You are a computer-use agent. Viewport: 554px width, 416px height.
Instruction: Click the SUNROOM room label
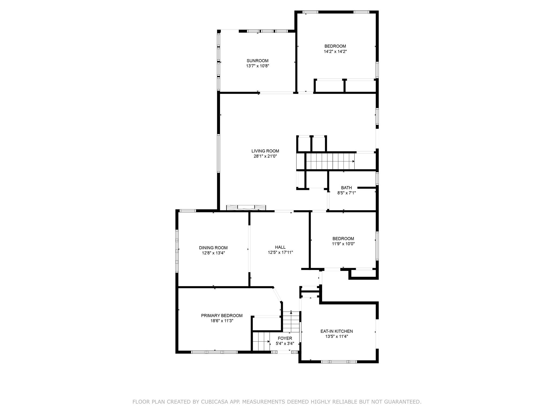tap(257, 61)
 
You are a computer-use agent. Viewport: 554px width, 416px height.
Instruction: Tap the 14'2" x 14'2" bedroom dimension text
tap(335, 51)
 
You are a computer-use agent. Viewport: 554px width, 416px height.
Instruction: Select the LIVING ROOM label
tap(265, 151)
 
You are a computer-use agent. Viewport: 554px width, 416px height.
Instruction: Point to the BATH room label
tap(346, 188)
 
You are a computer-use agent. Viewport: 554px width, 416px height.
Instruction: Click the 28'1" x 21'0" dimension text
tap(265, 156)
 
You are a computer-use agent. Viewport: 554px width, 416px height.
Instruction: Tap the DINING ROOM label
tap(213, 248)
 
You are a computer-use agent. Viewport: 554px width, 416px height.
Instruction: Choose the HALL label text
tap(280, 247)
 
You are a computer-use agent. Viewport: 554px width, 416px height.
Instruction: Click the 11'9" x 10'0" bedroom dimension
tap(343, 244)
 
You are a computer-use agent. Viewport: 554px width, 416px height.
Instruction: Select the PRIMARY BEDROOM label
tap(222, 316)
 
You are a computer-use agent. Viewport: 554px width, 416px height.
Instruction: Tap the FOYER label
tap(285, 338)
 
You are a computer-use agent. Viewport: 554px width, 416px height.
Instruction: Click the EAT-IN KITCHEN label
tap(337, 331)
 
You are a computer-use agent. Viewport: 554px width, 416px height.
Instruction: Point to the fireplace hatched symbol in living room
tap(246, 208)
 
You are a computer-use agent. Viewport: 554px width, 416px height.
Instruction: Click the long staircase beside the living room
tap(330, 161)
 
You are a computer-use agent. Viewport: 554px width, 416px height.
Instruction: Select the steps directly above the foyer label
tap(291, 322)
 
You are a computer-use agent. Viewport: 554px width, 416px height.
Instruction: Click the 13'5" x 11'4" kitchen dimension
tap(337, 337)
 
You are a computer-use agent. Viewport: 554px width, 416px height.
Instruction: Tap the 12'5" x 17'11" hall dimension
tap(280, 252)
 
